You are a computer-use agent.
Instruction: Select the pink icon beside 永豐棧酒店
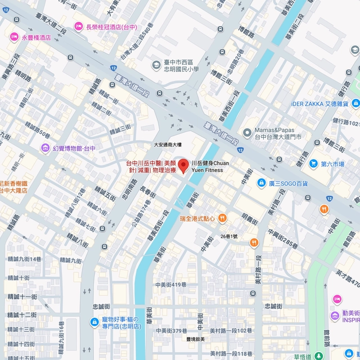[x=14, y=37]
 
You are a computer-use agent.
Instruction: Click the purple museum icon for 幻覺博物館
[x=44, y=148]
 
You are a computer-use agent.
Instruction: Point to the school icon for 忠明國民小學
[x=156, y=65]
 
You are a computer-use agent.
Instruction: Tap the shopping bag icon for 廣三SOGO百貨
[x=261, y=183]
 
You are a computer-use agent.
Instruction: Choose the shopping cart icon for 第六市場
[x=313, y=164]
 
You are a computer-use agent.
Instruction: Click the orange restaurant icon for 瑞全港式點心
[x=222, y=218]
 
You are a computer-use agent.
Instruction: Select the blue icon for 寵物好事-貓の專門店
[x=94, y=322]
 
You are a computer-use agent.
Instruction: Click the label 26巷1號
[x=229, y=236]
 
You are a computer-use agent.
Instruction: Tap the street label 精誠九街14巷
[x=24, y=259]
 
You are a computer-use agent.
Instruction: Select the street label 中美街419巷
[x=170, y=284]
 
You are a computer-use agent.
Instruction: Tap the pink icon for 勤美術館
[x=337, y=299]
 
